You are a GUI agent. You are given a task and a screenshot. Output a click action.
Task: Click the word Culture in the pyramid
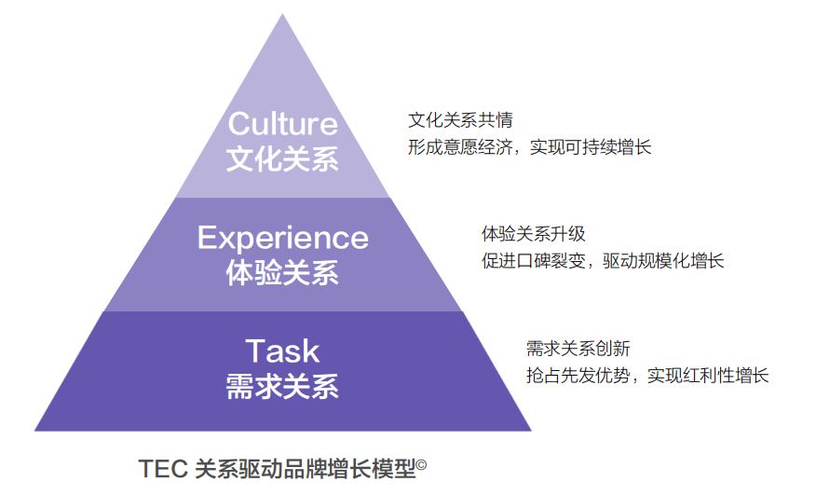pyautogui.click(x=282, y=123)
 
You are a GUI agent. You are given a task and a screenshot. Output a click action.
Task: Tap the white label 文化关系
pyautogui.click(x=282, y=158)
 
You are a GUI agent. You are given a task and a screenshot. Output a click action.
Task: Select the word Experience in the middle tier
pyautogui.click(x=282, y=239)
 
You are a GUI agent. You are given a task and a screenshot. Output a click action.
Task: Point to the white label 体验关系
pyautogui.click(x=282, y=272)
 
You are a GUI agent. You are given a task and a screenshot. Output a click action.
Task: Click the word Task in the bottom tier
pyautogui.click(x=282, y=351)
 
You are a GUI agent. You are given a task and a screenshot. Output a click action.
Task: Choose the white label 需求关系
pyautogui.click(x=282, y=386)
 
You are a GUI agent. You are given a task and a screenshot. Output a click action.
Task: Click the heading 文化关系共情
pyautogui.click(x=460, y=120)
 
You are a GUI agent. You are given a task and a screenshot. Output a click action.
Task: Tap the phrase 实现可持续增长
pyautogui.click(x=591, y=147)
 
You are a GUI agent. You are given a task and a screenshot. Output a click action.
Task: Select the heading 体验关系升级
pyautogui.click(x=534, y=234)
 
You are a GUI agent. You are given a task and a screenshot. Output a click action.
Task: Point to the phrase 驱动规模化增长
pyautogui.click(x=663, y=260)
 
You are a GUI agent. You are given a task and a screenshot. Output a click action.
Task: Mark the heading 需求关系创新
pyautogui.click(x=578, y=348)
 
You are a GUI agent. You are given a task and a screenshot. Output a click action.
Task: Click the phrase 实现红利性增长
pyautogui.click(x=708, y=375)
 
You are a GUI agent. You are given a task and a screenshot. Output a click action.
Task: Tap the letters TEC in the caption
pyautogui.click(x=163, y=469)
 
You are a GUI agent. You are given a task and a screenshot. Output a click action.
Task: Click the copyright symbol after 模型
pyautogui.click(x=421, y=463)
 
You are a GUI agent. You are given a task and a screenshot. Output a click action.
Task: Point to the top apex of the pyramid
pyautogui.click(x=282, y=14)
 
